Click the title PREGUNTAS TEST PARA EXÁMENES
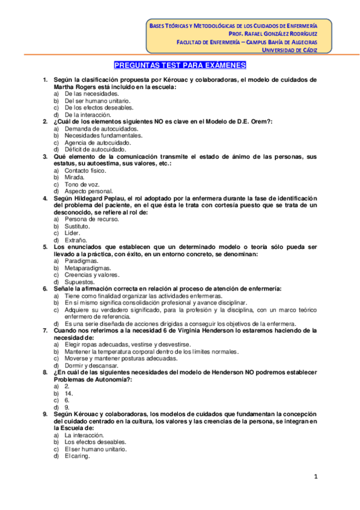pyautogui.click(x=180, y=66)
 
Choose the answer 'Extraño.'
pyautogui.click(x=76, y=239)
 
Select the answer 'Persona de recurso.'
pyautogui.click(x=92, y=219)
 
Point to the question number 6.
pyautogui.click(x=44, y=289)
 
